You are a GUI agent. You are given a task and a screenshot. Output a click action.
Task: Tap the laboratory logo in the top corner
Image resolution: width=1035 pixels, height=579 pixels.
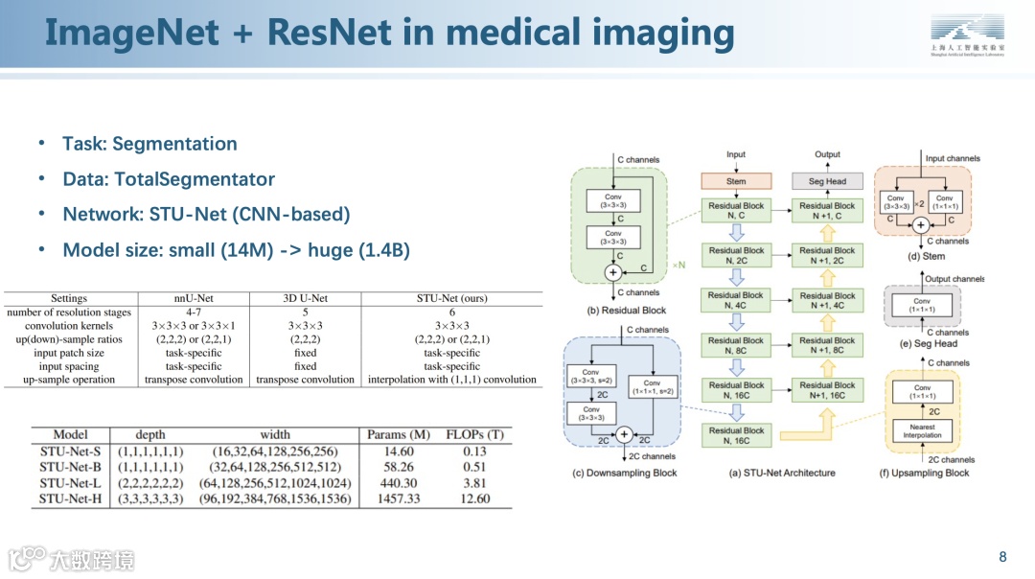pyautogui.click(x=968, y=36)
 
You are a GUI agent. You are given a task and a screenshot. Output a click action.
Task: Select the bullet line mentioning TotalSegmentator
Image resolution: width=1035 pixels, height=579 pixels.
pyautogui.click(x=169, y=179)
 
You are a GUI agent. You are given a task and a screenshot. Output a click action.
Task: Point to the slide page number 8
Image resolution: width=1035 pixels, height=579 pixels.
pyautogui.click(x=1002, y=557)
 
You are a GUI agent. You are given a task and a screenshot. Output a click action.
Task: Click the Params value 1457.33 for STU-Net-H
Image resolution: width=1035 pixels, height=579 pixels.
pyautogui.click(x=399, y=498)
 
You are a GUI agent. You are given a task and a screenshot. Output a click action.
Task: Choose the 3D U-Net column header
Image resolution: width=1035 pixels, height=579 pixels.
pyautogui.click(x=305, y=298)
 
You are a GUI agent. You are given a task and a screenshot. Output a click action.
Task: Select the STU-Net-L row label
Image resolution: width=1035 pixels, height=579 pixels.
pyautogui.click(x=71, y=482)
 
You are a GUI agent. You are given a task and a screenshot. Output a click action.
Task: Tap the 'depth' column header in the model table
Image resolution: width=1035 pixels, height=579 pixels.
pyautogui.click(x=150, y=434)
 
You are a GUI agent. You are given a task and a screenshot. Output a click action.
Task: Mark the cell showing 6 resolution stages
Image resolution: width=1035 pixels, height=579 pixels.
pyautogui.click(x=451, y=312)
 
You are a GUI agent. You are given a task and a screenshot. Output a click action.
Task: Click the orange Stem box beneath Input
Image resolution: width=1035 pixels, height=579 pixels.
pyautogui.click(x=736, y=180)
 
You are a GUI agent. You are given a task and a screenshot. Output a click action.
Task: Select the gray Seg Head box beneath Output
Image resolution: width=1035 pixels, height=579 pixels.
pyautogui.click(x=827, y=180)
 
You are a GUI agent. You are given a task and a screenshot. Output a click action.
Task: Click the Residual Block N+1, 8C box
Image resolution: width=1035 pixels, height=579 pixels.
pyautogui.click(x=827, y=345)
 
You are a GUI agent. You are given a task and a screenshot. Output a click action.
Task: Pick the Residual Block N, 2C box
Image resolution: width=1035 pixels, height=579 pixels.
pyautogui.click(x=736, y=255)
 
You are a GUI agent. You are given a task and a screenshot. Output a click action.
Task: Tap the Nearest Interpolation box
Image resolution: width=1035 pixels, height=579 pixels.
pyautogui.click(x=922, y=430)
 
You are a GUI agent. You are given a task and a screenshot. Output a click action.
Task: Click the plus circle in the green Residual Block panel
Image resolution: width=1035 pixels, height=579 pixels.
pyautogui.click(x=612, y=272)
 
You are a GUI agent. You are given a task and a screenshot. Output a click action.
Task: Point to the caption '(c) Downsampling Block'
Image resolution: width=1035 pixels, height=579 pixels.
pyautogui.click(x=624, y=473)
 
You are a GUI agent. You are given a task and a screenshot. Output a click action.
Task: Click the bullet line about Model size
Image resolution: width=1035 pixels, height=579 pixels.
pyautogui.click(x=236, y=250)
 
